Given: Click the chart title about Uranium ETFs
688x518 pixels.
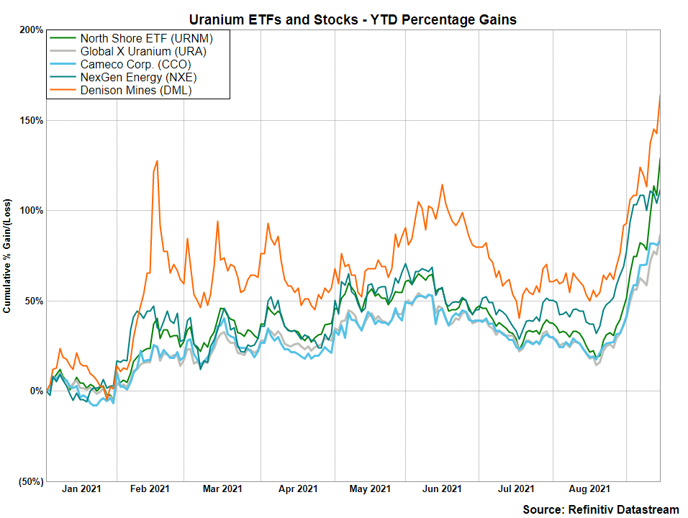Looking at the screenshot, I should point(352,19).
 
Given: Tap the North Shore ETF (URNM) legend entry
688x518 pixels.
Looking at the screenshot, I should point(136,38).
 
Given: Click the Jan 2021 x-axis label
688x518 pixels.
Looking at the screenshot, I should point(81,490).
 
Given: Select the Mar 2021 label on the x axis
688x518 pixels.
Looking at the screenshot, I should point(222,490).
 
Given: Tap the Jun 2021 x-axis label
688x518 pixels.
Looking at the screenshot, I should point(441,490).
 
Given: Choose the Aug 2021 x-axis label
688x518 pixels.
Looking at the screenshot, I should point(591,490).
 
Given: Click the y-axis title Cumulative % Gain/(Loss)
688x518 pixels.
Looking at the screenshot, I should point(8,255).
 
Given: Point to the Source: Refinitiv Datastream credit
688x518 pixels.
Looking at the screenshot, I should point(600,509).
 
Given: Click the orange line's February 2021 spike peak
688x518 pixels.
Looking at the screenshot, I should point(157,161).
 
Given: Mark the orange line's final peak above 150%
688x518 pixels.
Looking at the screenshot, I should point(660,96).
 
